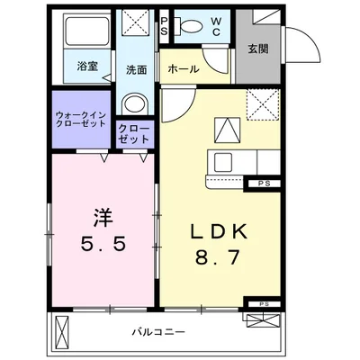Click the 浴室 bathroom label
[87, 66]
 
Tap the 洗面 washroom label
[136, 68]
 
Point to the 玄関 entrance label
[258, 49]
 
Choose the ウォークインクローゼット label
[83, 121]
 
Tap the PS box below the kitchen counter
[264, 184]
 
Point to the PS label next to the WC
[165, 25]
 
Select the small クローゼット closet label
[133, 134]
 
